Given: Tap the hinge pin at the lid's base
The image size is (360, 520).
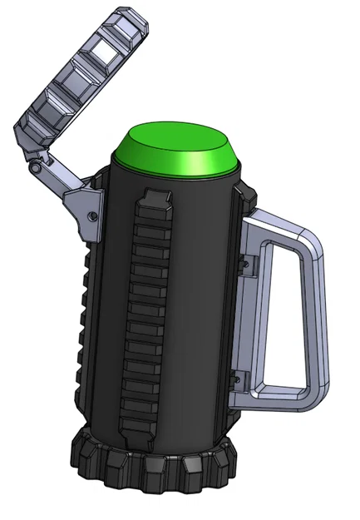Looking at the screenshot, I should point(35,169).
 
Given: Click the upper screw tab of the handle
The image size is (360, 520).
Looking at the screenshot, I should point(246,265).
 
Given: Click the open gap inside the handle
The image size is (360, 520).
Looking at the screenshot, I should point(279,316).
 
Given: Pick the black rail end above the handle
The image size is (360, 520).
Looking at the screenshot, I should point(244,195).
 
